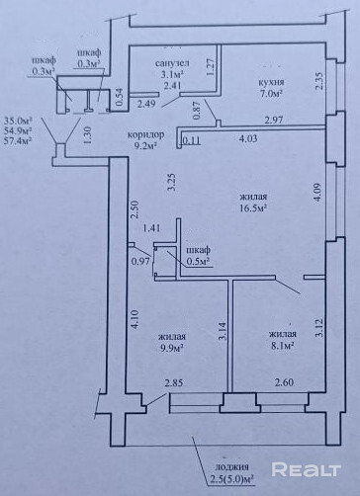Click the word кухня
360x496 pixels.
tap(271, 83)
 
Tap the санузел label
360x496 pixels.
tap(172, 63)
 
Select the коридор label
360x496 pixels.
tap(146, 134)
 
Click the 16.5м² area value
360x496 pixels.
tap(253, 208)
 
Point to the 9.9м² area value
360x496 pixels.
tap(172, 348)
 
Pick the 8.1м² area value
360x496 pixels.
tap(282, 346)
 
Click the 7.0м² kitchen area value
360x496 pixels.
tap(271, 94)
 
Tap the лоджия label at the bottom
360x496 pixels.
tap(232, 467)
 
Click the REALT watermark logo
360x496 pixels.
tap(306, 469)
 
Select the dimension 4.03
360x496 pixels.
tap(248, 138)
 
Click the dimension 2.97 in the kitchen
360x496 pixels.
tap(274, 120)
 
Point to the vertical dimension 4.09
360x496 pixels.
tap(318, 193)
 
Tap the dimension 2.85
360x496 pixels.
tap(174, 383)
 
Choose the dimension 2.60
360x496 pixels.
tap(284, 382)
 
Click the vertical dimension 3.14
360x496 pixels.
tap(224, 331)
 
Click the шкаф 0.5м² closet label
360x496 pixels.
tap(199, 256)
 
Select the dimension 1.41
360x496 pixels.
tap(151, 227)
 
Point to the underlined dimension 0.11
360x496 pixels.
tap(191, 140)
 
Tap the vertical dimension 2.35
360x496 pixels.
tap(319, 81)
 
